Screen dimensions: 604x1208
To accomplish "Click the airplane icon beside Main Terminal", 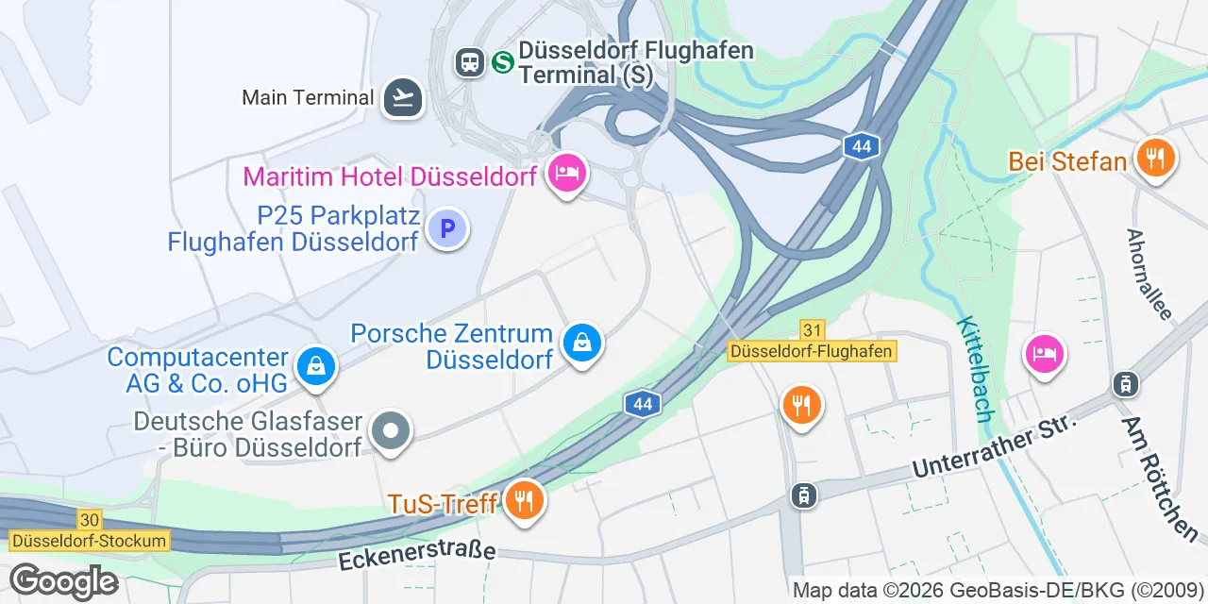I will click(x=403, y=97).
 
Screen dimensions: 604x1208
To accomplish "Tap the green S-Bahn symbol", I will click(x=503, y=62).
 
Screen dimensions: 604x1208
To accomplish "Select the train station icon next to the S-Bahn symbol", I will click(x=469, y=62).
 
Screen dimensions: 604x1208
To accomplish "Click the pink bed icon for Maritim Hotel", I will click(x=567, y=174).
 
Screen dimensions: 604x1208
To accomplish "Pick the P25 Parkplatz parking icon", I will click(x=447, y=228).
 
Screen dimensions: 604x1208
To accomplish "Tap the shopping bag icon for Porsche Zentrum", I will click(x=582, y=344).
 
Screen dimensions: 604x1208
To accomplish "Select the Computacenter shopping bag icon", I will click(x=316, y=367).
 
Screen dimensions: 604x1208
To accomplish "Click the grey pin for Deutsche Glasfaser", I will click(x=390, y=432).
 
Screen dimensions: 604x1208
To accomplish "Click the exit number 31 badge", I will click(x=812, y=330).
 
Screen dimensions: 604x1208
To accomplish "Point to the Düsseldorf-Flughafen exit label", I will click(x=811, y=351).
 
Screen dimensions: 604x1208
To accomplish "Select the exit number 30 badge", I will click(x=90, y=520).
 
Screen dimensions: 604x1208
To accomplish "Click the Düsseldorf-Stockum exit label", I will click(x=89, y=541).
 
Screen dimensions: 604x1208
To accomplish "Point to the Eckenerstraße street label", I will click(x=416, y=555).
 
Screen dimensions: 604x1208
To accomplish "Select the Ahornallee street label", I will click(x=1149, y=274).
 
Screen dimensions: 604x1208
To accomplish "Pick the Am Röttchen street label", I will click(x=1159, y=478).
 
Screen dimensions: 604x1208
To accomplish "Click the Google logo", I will click(x=63, y=581).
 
